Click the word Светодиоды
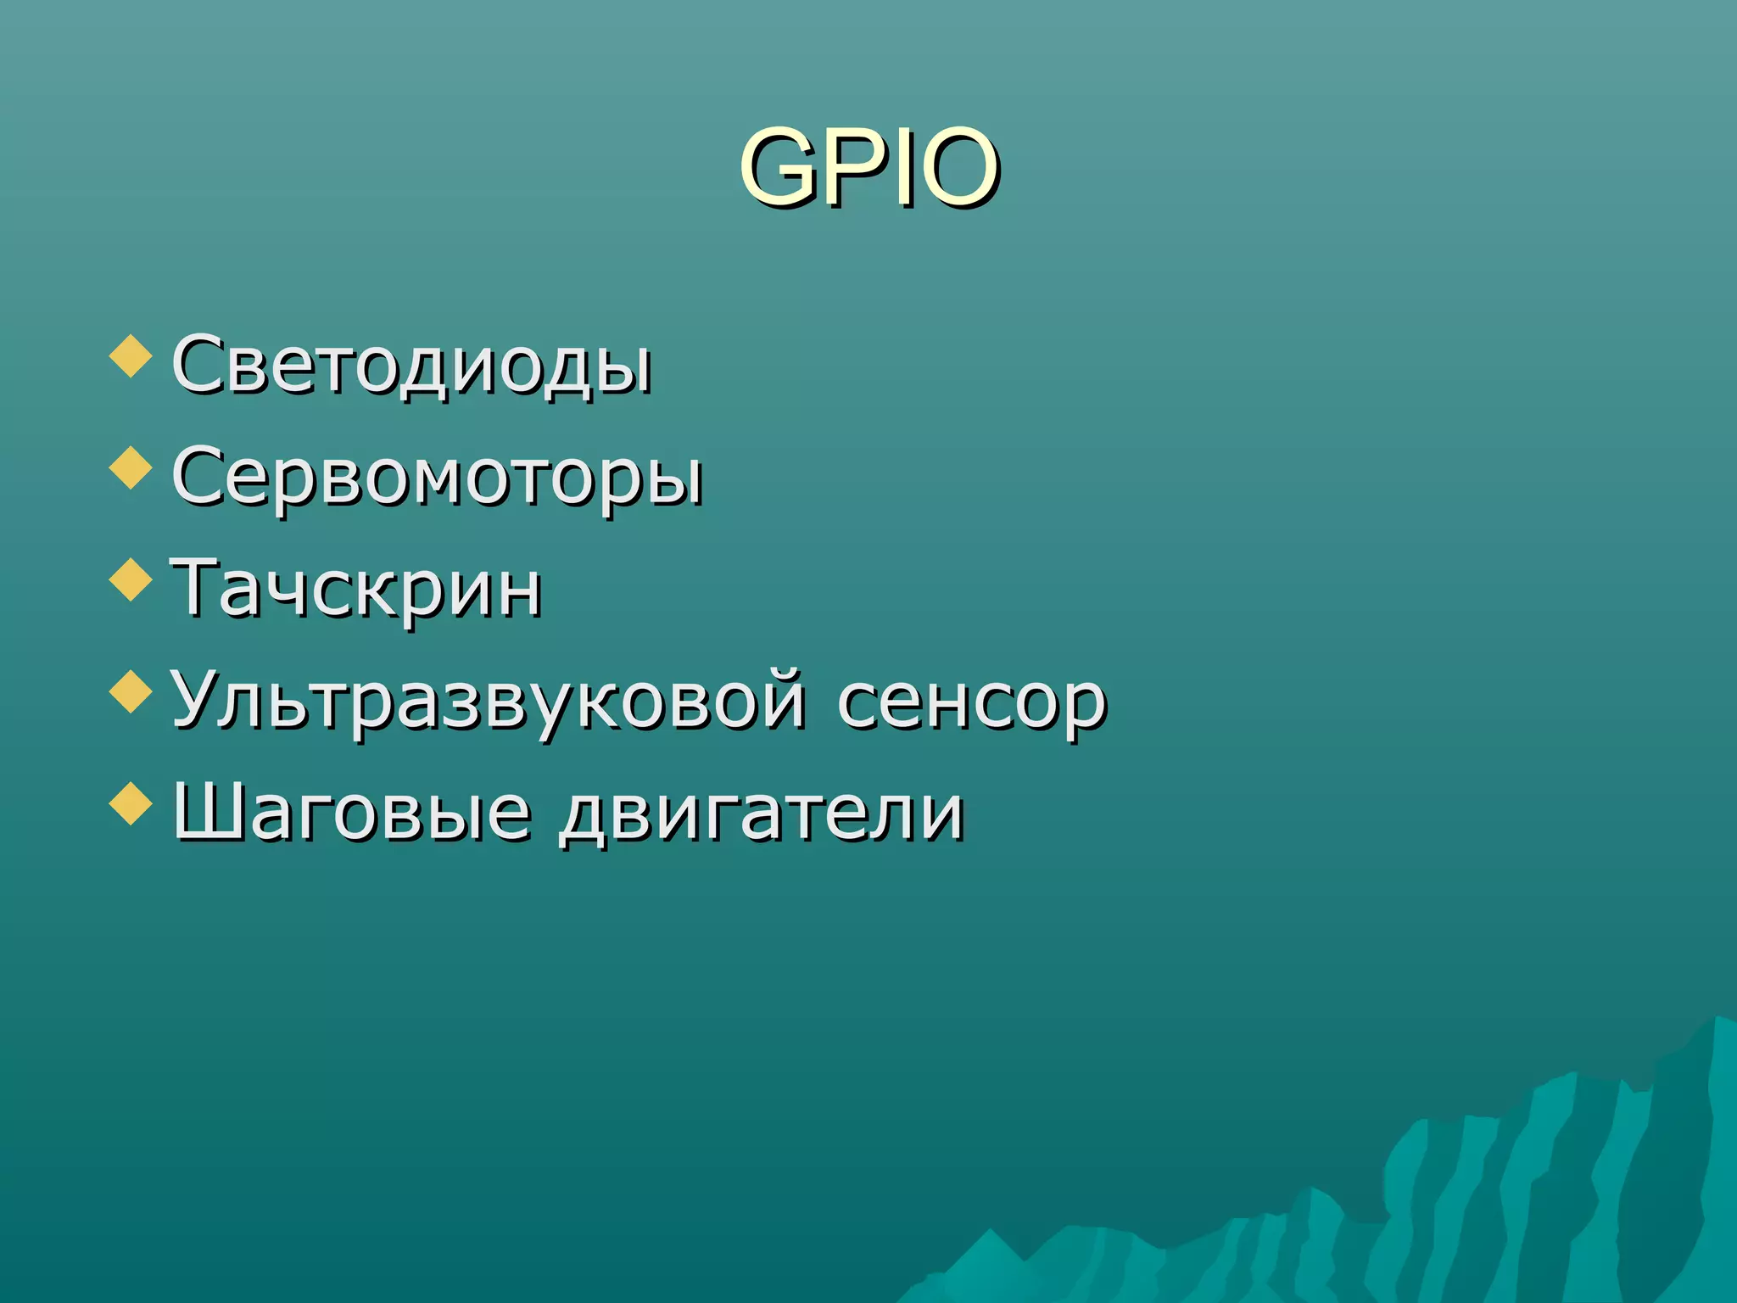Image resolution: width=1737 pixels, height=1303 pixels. click(412, 365)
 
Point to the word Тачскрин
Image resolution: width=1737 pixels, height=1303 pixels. click(356, 587)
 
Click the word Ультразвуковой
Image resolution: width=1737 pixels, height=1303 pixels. click(489, 701)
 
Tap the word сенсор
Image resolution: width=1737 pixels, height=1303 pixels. click(972, 702)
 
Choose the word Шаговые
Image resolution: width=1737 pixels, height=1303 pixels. click(351, 813)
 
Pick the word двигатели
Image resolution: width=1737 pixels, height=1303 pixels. click(762, 813)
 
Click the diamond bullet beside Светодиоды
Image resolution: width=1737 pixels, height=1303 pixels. click(131, 355)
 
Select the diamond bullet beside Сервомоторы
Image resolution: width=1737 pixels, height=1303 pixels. click(131, 467)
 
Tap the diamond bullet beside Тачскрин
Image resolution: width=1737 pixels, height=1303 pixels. click(131, 579)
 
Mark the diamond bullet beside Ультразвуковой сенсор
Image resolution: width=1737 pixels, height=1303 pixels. click(131, 691)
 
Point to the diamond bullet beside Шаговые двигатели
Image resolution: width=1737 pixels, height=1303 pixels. click(131, 803)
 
